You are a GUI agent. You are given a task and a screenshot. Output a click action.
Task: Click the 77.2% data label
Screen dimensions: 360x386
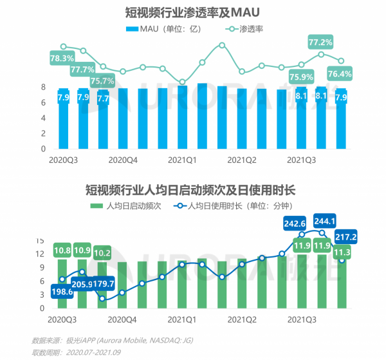[320, 43]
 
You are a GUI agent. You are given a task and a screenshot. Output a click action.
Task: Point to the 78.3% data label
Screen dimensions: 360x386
[62, 58]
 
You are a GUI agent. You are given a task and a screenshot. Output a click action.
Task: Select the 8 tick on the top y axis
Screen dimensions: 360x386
[44, 87]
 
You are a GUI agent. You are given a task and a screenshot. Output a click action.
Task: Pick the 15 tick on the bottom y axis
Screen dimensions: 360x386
[41, 240]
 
